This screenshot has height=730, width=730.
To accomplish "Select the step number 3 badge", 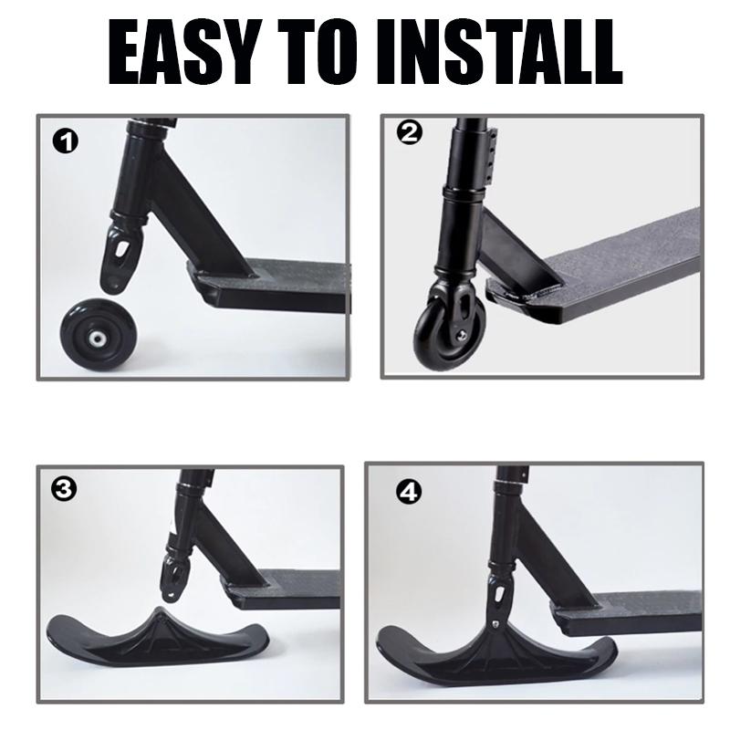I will click(x=65, y=489).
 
